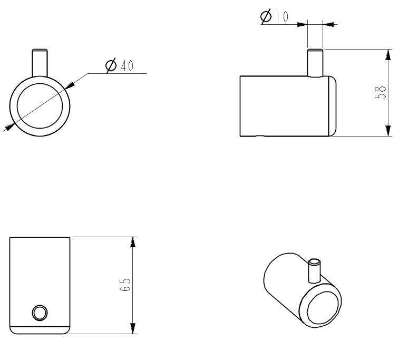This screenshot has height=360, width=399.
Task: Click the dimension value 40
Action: tap(126, 66)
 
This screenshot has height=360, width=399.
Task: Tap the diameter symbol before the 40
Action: tap(111, 66)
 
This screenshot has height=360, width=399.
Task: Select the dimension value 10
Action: tap(282, 17)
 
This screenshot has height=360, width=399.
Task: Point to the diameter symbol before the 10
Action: tap(266, 17)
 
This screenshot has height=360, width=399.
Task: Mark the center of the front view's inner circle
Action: tap(40, 105)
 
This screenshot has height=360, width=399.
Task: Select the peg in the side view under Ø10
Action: tap(315, 63)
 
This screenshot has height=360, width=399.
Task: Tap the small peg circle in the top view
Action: tap(39, 313)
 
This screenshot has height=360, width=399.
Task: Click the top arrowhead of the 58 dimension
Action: tap(388, 55)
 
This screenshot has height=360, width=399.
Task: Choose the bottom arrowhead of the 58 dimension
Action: tap(388, 130)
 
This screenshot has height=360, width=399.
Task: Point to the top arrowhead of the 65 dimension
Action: tap(132, 242)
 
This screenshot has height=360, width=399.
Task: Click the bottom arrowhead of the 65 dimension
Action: tap(132, 328)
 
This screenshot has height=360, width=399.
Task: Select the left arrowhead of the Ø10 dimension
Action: tap(302, 24)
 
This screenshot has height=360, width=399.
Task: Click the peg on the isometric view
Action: tap(314, 270)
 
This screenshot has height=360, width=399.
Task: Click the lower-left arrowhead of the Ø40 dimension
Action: tap(9, 127)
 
